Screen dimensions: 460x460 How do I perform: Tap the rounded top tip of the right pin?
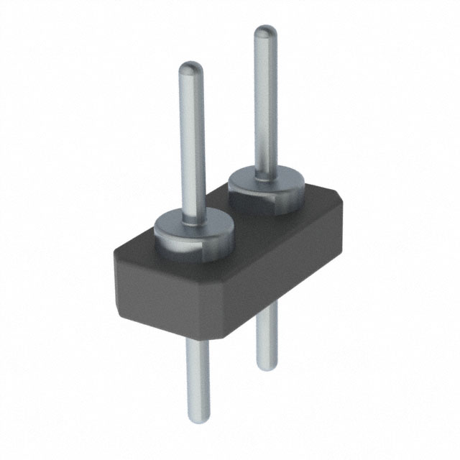tap(265, 32)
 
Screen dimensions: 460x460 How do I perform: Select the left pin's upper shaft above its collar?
tap(192, 144)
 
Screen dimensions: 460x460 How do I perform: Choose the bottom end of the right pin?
tap(267, 366)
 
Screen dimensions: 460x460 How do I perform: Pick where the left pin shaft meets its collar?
tap(193, 217)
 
